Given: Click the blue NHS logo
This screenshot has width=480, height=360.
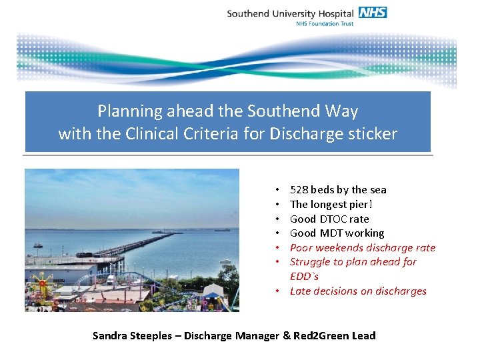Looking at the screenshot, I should pos(373,12).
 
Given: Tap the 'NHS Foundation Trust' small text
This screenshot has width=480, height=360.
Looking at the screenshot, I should pos(324,23).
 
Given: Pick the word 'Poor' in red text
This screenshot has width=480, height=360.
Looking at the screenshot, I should pos(302,248).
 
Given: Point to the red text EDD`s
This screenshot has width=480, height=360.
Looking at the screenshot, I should pos(305,276).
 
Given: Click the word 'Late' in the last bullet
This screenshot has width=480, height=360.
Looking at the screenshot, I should pos(301,291).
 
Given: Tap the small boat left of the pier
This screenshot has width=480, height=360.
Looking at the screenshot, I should pos(37,245).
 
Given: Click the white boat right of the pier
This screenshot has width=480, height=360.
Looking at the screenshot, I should pos(225,261).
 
